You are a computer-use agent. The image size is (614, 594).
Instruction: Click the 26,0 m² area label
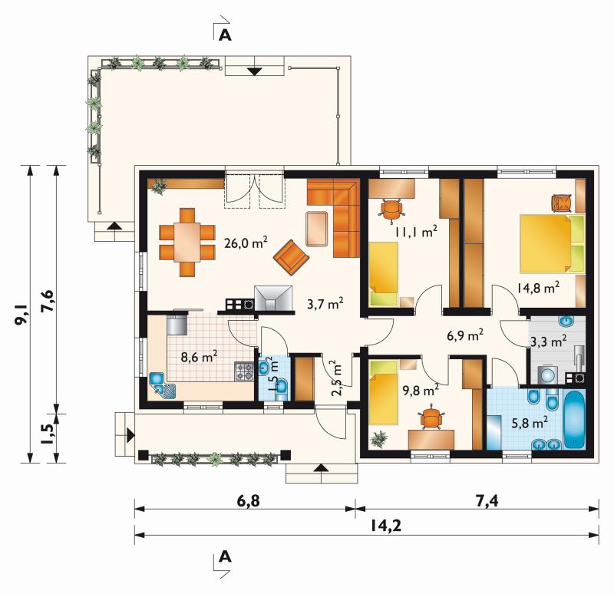tap(246, 243)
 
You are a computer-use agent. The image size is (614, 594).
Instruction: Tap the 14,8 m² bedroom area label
tap(538, 288)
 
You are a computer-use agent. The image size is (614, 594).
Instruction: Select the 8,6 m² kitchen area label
tap(199, 357)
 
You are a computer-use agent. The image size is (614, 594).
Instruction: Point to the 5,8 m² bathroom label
tap(530, 423)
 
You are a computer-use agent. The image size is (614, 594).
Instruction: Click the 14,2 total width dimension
tap(386, 526)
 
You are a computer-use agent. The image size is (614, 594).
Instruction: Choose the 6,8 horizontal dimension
tap(248, 501)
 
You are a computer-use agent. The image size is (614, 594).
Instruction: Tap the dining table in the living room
tap(187, 242)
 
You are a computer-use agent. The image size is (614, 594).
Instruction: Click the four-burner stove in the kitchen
tap(244, 371)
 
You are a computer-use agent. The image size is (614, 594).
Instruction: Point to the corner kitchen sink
tap(163, 385)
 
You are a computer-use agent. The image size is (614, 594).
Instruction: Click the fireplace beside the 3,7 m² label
tap(273, 298)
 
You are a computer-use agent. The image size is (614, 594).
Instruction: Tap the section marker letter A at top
tap(225, 35)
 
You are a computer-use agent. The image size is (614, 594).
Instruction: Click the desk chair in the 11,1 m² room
tap(391, 210)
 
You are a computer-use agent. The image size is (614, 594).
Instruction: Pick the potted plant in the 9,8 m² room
tap(378, 438)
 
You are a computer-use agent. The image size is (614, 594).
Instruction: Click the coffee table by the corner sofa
tap(317, 229)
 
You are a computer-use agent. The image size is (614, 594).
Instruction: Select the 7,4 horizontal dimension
tap(488, 501)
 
